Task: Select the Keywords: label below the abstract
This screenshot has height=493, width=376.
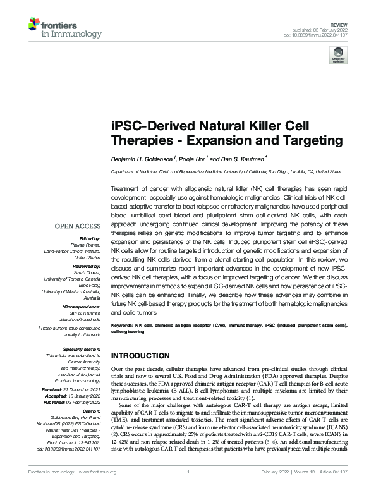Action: tap(124, 324)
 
